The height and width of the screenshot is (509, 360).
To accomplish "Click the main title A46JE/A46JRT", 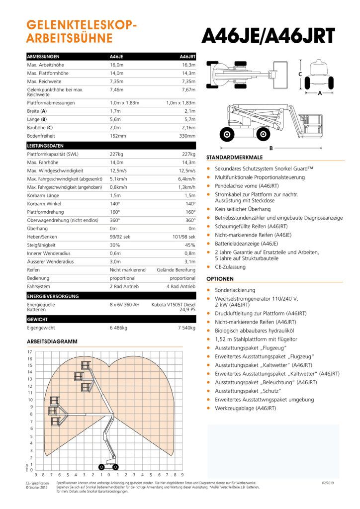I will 268,35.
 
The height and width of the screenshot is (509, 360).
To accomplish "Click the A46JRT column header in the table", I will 187,57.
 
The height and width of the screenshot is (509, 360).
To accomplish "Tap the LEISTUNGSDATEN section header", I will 45,146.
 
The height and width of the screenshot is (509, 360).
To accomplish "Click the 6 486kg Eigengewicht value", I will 119,328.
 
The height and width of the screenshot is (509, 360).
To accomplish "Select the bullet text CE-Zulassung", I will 230,267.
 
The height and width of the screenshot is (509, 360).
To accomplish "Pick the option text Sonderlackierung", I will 235,290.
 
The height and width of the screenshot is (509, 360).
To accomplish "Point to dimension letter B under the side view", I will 271,148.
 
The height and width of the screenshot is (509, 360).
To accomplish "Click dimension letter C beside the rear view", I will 300,74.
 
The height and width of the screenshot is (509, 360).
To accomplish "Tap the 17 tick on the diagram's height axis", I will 30,352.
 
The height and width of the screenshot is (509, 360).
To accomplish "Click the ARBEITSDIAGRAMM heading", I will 52,341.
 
